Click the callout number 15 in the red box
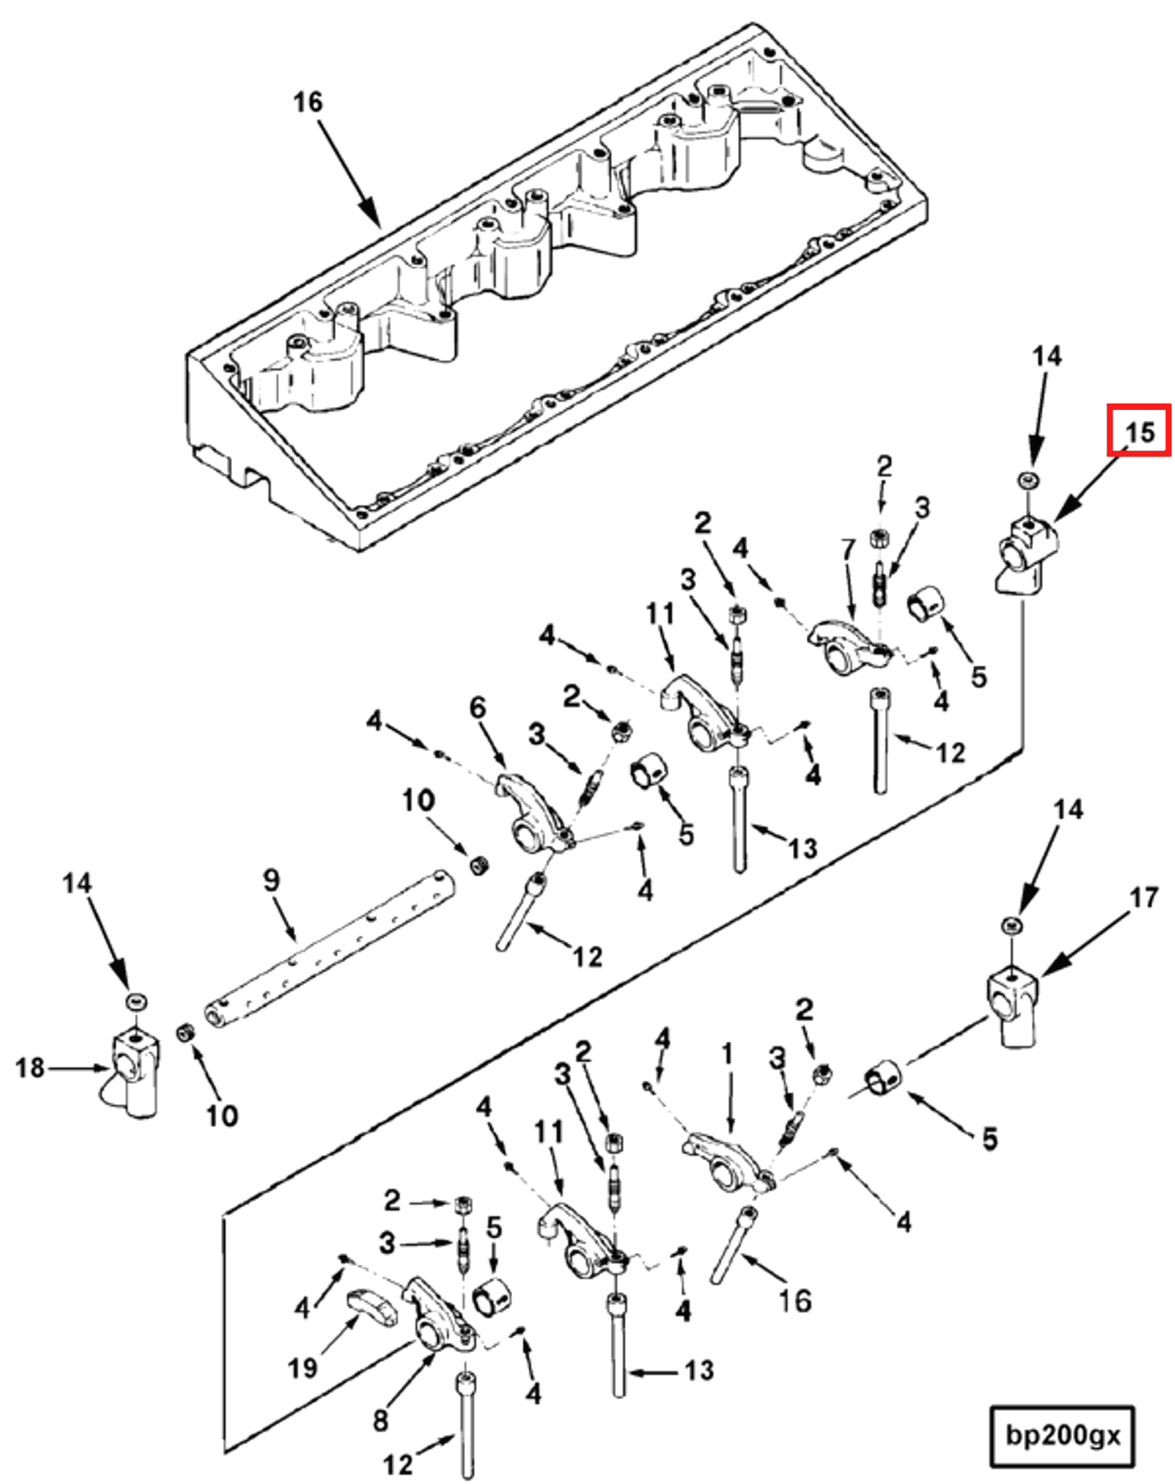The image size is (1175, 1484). click(1139, 431)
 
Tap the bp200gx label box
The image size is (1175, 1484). click(1062, 1435)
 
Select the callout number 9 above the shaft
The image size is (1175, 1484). click(271, 880)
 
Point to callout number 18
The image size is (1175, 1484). click(30, 1068)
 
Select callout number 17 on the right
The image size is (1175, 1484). click(1144, 897)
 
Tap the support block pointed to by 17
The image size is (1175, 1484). click(1012, 1004)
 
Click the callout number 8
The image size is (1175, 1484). click(380, 1420)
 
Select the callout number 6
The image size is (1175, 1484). click(478, 708)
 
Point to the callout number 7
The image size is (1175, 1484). click(848, 550)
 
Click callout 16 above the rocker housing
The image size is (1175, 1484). click(308, 102)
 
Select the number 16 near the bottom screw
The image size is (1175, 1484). click(795, 1301)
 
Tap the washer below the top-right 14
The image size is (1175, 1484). click(1028, 480)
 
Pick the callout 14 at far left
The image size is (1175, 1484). click(77, 883)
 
